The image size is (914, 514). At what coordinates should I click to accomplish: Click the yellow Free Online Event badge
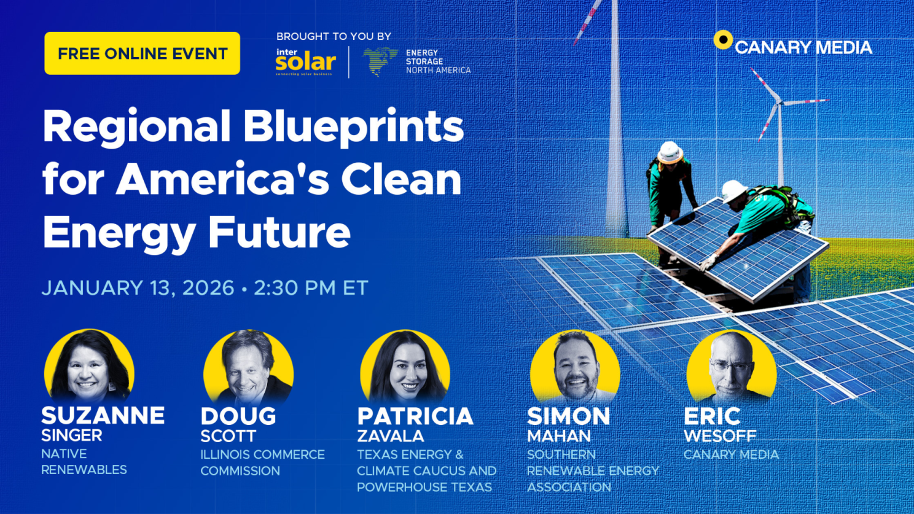(x=142, y=53)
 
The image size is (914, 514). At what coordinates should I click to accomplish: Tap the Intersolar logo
(x=306, y=62)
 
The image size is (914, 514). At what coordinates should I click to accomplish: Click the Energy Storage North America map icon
(x=380, y=61)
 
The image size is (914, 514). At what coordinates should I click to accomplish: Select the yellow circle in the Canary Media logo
(x=723, y=40)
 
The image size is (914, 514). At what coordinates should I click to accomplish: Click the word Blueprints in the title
(x=354, y=127)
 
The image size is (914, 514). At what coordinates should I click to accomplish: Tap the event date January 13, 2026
(x=138, y=288)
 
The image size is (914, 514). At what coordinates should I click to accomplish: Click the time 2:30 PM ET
(x=311, y=287)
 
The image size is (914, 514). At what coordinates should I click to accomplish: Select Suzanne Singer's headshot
(x=89, y=367)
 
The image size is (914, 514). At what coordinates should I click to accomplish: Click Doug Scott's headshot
(x=249, y=367)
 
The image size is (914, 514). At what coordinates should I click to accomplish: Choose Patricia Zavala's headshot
(x=405, y=367)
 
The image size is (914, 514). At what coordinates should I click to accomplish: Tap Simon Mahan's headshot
(x=575, y=367)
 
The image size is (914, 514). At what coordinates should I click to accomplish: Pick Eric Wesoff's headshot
(x=732, y=367)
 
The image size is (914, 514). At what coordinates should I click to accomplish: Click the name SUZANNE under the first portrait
(x=103, y=415)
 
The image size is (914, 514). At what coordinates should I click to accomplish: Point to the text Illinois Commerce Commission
(x=262, y=462)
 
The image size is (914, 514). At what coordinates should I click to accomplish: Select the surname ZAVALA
(x=391, y=436)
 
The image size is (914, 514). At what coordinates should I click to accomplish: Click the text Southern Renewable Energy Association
(x=593, y=471)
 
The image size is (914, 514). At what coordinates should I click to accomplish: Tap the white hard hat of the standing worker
(x=670, y=152)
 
